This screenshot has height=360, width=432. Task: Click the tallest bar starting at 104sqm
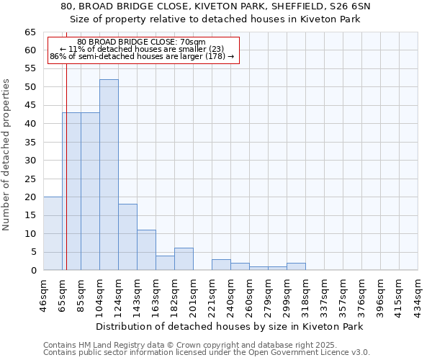pos(109,175)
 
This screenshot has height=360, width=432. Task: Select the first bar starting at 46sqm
pos(53,233)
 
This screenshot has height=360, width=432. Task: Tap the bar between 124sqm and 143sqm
pos(127,237)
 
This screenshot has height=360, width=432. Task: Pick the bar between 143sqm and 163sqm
pos(146,250)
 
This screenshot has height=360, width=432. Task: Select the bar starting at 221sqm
pos(221,264)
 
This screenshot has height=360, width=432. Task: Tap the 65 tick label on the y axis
pos(30,32)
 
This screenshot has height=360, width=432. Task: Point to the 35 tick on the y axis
pos(30,143)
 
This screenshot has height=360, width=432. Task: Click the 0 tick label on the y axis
pos(32,271)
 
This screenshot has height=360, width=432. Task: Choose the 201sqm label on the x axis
pos(193,294)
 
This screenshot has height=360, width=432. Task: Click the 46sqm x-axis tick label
pos(43,294)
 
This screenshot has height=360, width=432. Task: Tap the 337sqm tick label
pos(324,294)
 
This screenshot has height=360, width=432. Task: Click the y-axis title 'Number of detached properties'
pos(7,155)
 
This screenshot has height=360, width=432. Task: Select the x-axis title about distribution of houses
pos(229,326)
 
